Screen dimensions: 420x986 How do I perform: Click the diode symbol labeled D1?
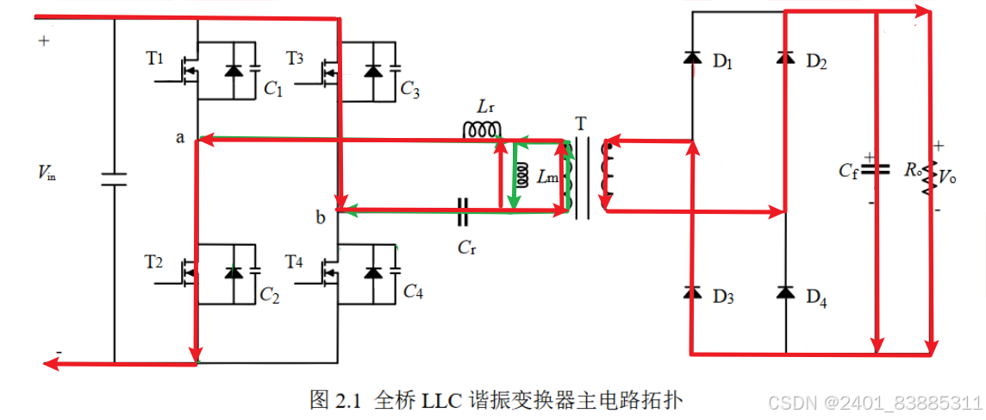(x=691, y=58)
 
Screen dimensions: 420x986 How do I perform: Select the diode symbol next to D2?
(x=784, y=58)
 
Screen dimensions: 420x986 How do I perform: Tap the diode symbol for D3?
(x=691, y=293)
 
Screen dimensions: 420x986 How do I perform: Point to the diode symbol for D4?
(x=784, y=293)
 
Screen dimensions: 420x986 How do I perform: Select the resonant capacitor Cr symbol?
(x=465, y=208)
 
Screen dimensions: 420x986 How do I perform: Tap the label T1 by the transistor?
(x=154, y=58)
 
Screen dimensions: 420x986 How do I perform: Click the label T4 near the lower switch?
(x=295, y=259)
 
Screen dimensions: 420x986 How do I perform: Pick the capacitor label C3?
(x=409, y=90)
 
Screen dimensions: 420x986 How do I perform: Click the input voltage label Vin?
(x=47, y=173)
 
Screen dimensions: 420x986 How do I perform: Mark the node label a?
(x=180, y=137)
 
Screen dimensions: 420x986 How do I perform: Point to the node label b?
(x=321, y=218)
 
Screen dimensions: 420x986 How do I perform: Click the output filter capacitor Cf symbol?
(x=877, y=169)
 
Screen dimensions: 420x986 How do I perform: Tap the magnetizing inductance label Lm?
(x=547, y=178)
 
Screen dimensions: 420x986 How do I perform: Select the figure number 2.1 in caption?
(x=345, y=400)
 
